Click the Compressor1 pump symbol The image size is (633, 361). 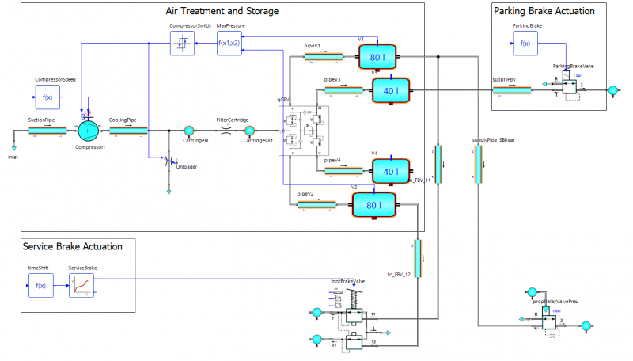(x=88, y=130)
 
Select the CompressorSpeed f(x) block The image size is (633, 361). (x=47, y=97)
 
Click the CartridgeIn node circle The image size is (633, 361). (x=188, y=131)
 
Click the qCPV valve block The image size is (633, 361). (x=303, y=130)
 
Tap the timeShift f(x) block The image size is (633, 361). (x=41, y=286)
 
